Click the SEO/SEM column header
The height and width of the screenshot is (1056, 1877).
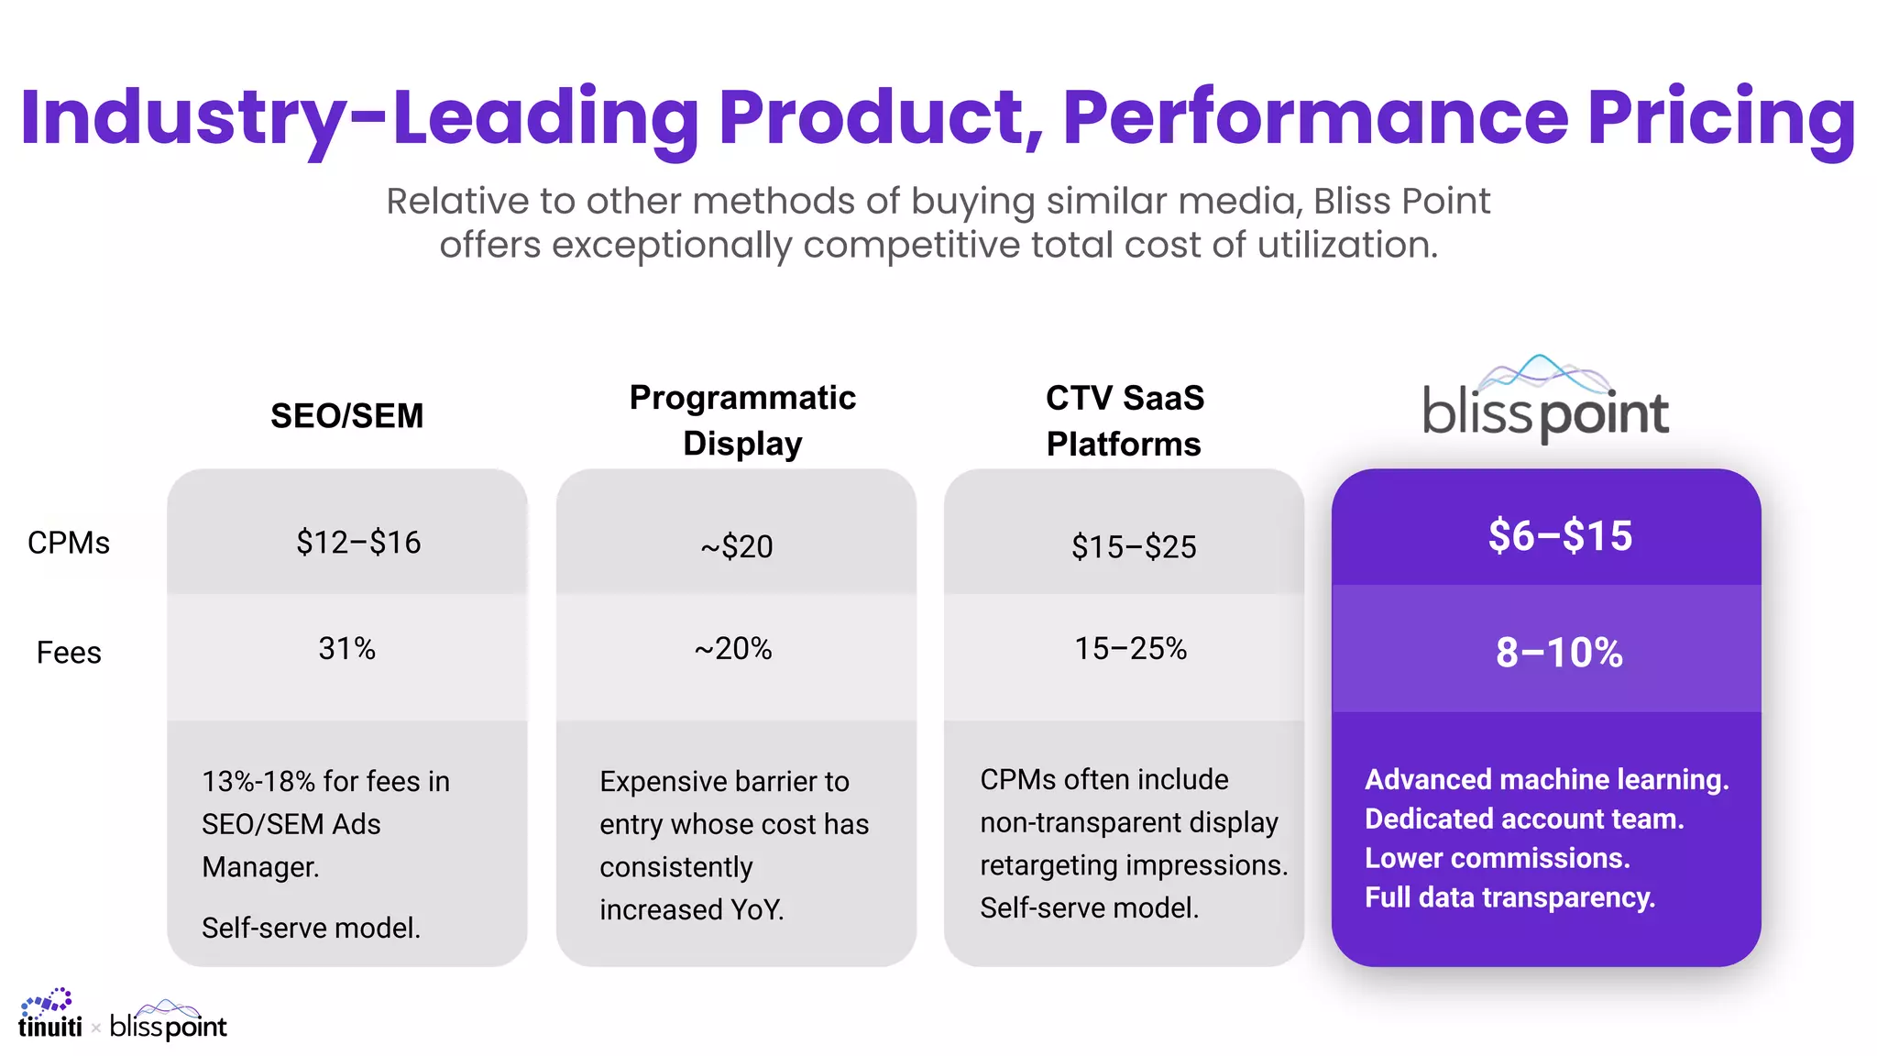(x=346, y=416)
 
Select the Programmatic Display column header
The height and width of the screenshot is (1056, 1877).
(x=742, y=420)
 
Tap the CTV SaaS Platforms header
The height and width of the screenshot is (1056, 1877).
(x=1125, y=421)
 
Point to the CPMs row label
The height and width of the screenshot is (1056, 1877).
(x=69, y=543)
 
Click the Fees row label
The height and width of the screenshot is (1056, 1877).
(x=69, y=653)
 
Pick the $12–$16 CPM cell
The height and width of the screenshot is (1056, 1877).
(x=358, y=543)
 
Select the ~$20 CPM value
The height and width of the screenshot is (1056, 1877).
(x=737, y=546)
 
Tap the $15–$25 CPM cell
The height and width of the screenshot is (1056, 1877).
(x=1134, y=547)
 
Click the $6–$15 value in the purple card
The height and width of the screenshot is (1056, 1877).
(x=1560, y=536)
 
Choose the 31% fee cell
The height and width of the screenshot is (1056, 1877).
(x=346, y=649)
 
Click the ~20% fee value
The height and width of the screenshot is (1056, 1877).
(x=733, y=649)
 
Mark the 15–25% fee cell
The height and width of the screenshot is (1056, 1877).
(x=1130, y=649)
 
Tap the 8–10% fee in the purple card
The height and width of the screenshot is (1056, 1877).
(x=1559, y=653)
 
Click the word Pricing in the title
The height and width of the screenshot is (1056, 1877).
(x=1721, y=117)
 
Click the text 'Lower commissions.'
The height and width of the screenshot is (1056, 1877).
(x=1497, y=858)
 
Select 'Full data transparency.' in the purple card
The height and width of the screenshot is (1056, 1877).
(x=1509, y=897)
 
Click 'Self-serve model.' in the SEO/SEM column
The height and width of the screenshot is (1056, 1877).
(x=311, y=928)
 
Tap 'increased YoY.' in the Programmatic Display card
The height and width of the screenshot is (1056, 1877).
(x=691, y=909)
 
